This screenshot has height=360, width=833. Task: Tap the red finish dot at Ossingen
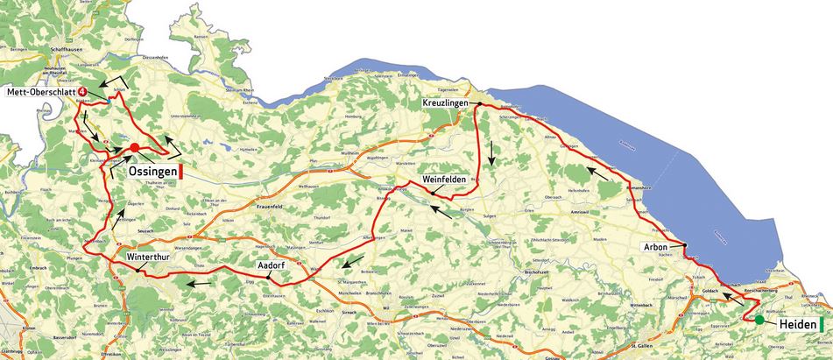pyautogui.click(x=135, y=147)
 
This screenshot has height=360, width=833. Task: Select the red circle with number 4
pyautogui.click(x=81, y=91)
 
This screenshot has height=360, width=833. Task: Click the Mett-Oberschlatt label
pyautogui.click(x=40, y=91)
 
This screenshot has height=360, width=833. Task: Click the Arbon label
pyautogui.click(x=656, y=247)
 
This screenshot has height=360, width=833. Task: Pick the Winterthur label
pyautogui.click(x=144, y=258)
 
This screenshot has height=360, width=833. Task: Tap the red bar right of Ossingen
pyautogui.click(x=180, y=173)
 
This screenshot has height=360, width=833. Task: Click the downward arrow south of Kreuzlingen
pyautogui.click(x=492, y=153)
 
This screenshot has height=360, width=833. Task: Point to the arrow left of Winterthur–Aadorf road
pyautogui.click(x=198, y=283)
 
